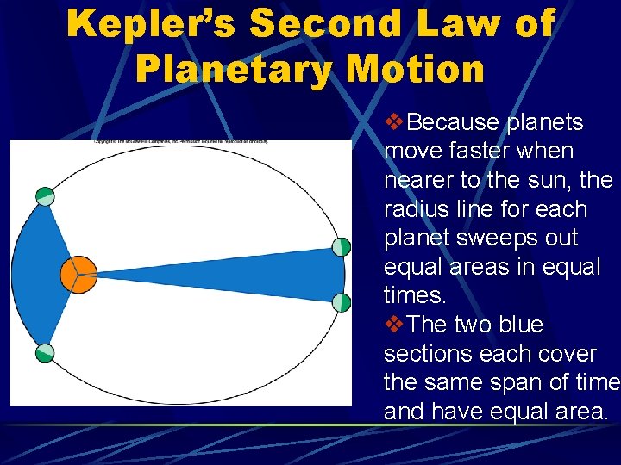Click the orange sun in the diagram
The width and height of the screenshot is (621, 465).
[79, 274]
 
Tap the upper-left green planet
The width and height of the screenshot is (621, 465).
[45, 196]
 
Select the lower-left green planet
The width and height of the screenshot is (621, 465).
[44, 353]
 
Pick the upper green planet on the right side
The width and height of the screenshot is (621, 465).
[342, 247]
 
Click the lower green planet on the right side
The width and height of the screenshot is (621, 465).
[342, 302]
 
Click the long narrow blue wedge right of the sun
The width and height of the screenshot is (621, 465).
[259, 275]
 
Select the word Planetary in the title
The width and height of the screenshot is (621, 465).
[231, 69]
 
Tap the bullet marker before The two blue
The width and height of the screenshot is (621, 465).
[393, 325]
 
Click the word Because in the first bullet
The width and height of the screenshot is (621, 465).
[455, 123]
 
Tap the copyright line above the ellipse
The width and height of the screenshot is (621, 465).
[181, 140]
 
